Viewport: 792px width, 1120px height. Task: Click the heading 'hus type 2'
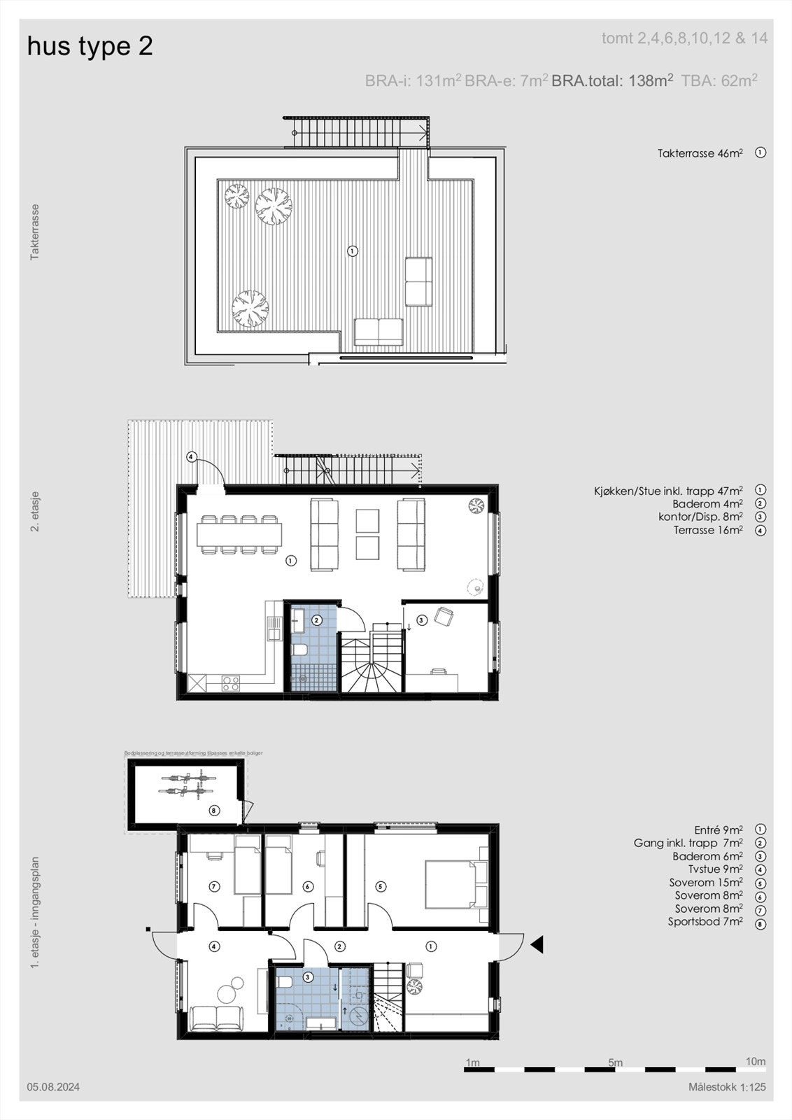90,47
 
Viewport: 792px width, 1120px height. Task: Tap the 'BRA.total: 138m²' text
612,80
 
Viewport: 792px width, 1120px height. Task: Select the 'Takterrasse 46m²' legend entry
700,153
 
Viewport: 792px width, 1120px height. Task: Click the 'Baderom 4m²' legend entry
707,504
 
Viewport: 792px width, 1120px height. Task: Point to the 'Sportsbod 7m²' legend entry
705,922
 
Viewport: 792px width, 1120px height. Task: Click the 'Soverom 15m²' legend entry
705,883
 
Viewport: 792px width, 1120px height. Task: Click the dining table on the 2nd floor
239,535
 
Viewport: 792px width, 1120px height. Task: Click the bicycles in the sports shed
186,784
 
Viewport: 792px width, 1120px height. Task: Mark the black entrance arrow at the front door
537,946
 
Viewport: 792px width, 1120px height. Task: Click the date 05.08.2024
53,1087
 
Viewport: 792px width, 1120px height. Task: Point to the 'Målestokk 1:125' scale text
727,1087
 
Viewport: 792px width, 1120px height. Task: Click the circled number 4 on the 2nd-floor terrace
192,457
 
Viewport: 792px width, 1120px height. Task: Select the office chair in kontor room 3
444,617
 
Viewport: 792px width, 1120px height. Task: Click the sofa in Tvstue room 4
214,1018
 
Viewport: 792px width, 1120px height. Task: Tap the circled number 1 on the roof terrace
353,251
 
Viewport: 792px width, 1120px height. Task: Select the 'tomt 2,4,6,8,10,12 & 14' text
684,38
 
